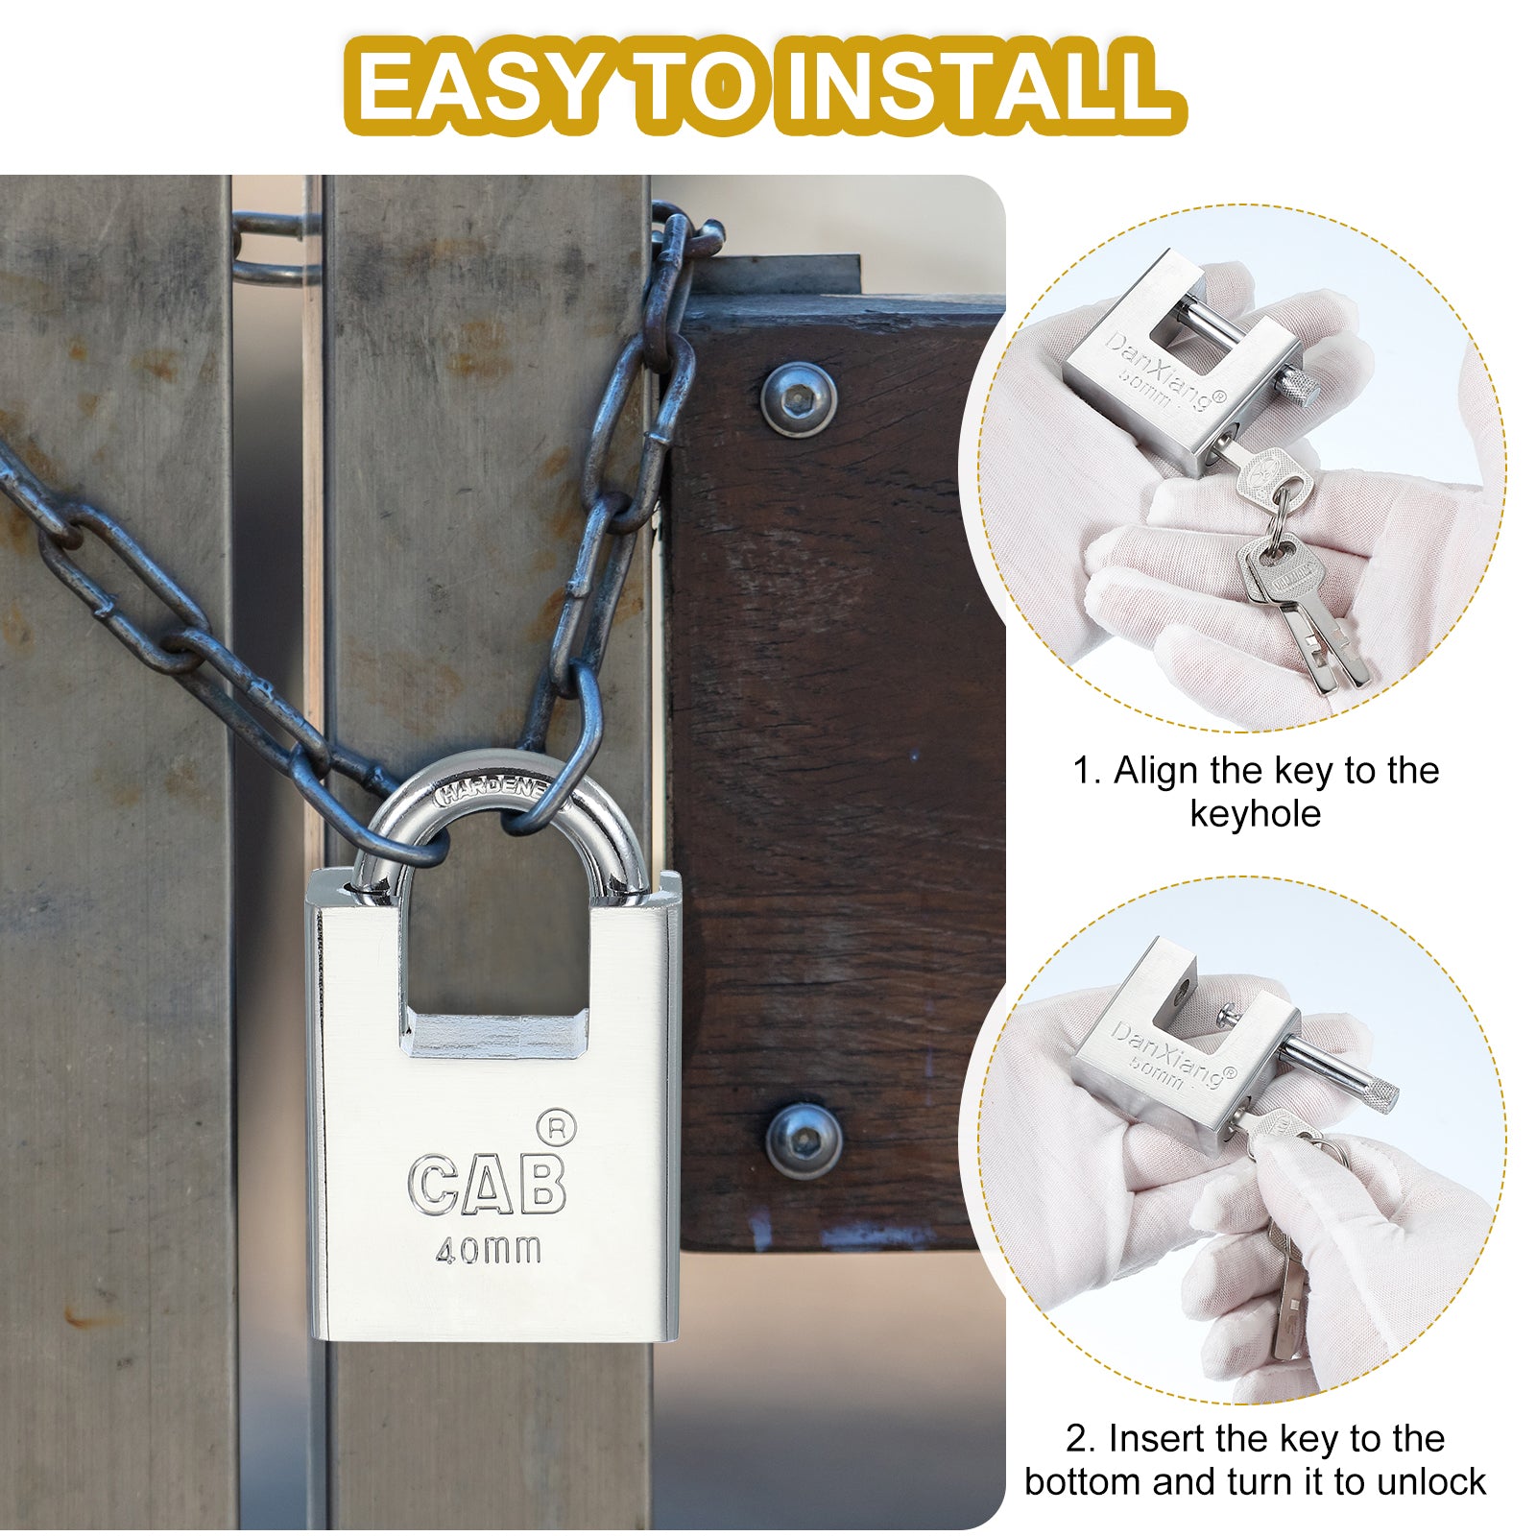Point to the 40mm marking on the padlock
click(x=488, y=1250)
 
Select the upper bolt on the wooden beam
click(x=799, y=398)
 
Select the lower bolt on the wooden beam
click(x=804, y=1140)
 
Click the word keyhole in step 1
click(x=1255, y=814)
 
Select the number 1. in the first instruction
click(x=1087, y=771)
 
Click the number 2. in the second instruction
click(x=1080, y=1439)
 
